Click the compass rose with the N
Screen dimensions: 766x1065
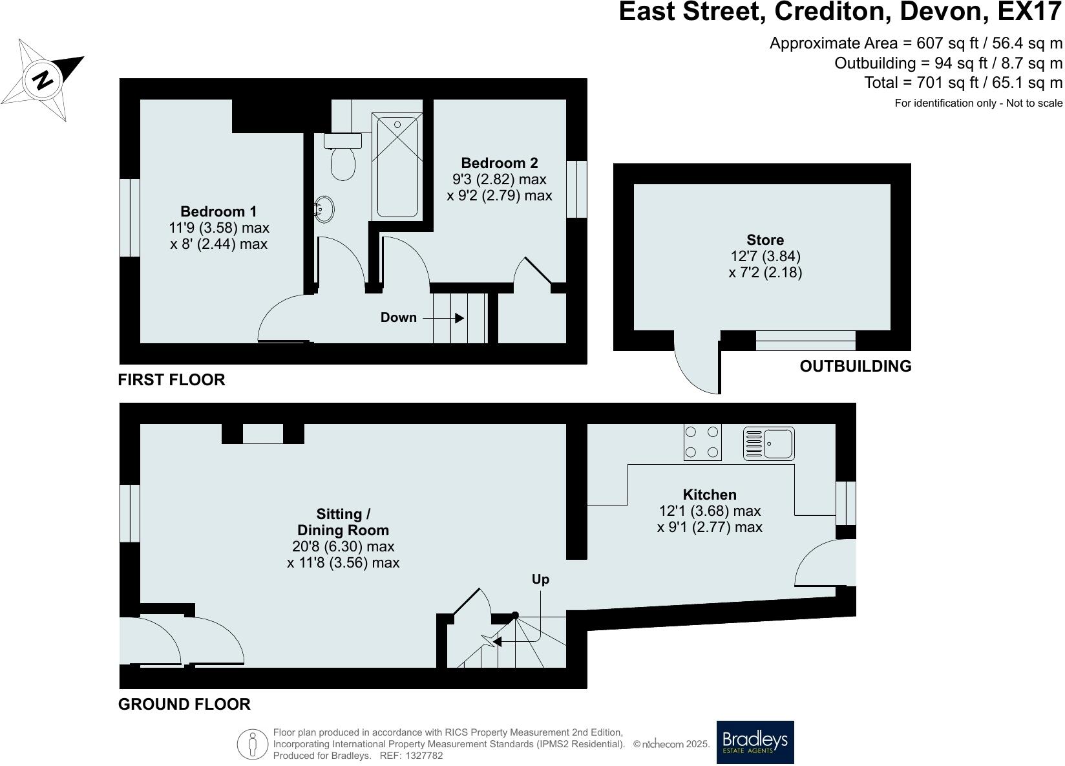(x=43, y=80)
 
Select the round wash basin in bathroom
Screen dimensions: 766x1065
(x=325, y=209)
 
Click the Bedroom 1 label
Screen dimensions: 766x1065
(x=218, y=211)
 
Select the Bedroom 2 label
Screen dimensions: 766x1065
(x=499, y=163)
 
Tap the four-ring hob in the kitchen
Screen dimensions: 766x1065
(x=702, y=442)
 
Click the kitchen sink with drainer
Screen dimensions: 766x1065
(x=768, y=443)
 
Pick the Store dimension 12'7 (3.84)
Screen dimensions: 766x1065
(x=765, y=256)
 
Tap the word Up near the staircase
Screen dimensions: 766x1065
(x=540, y=579)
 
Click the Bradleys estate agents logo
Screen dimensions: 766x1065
(x=755, y=742)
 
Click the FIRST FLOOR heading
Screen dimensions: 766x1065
(x=171, y=380)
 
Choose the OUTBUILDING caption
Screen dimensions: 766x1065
(x=856, y=367)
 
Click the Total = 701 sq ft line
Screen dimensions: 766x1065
(x=963, y=83)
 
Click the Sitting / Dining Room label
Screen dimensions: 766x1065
(x=343, y=522)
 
